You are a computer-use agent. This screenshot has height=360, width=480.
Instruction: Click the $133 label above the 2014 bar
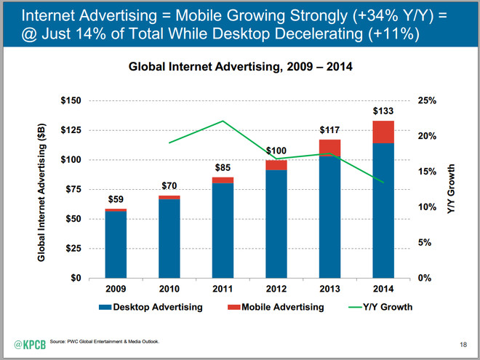pyautogui.click(x=383, y=111)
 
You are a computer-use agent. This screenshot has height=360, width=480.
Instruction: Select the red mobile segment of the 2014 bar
pyautogui.click(x=383, y=132)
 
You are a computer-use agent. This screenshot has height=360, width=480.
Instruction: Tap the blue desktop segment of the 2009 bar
pyautogui.click(x=116, y=244)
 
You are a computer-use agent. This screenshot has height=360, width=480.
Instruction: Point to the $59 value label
pyautogui.click(x=116, y=199)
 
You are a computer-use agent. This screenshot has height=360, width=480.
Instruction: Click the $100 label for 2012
pyautogui.click(x=276, y=151)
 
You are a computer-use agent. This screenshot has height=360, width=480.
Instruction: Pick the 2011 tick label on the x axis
pyautogui.click(x=223, y=289)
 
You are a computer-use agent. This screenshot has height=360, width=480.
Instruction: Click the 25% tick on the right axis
pyautogui.click(x=428, y=100)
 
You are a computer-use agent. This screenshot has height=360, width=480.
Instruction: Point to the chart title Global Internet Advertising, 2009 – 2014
pyautogui.click(x=240, y=66)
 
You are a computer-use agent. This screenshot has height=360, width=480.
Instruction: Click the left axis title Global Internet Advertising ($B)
pyautogui.click(x=41, y=189)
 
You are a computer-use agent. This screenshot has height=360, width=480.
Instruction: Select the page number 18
pyautogui.click(x=463, y=343)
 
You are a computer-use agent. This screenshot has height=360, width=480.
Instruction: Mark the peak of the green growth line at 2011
pyautogui.click(x=223, y=121)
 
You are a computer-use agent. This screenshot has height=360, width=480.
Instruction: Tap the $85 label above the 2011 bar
pyautogui.click(x=223, y=169)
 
